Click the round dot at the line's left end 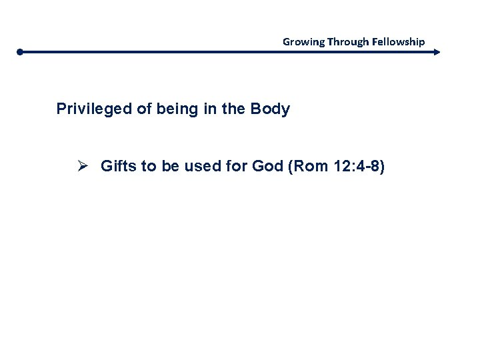[21, 51]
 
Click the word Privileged [94, 109]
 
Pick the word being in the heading [176, 109]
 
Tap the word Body [270, 109]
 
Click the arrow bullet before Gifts [83, 165]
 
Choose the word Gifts [117, 165]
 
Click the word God [268, 165]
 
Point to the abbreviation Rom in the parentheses [305, 165]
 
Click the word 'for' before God [237, 165]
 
